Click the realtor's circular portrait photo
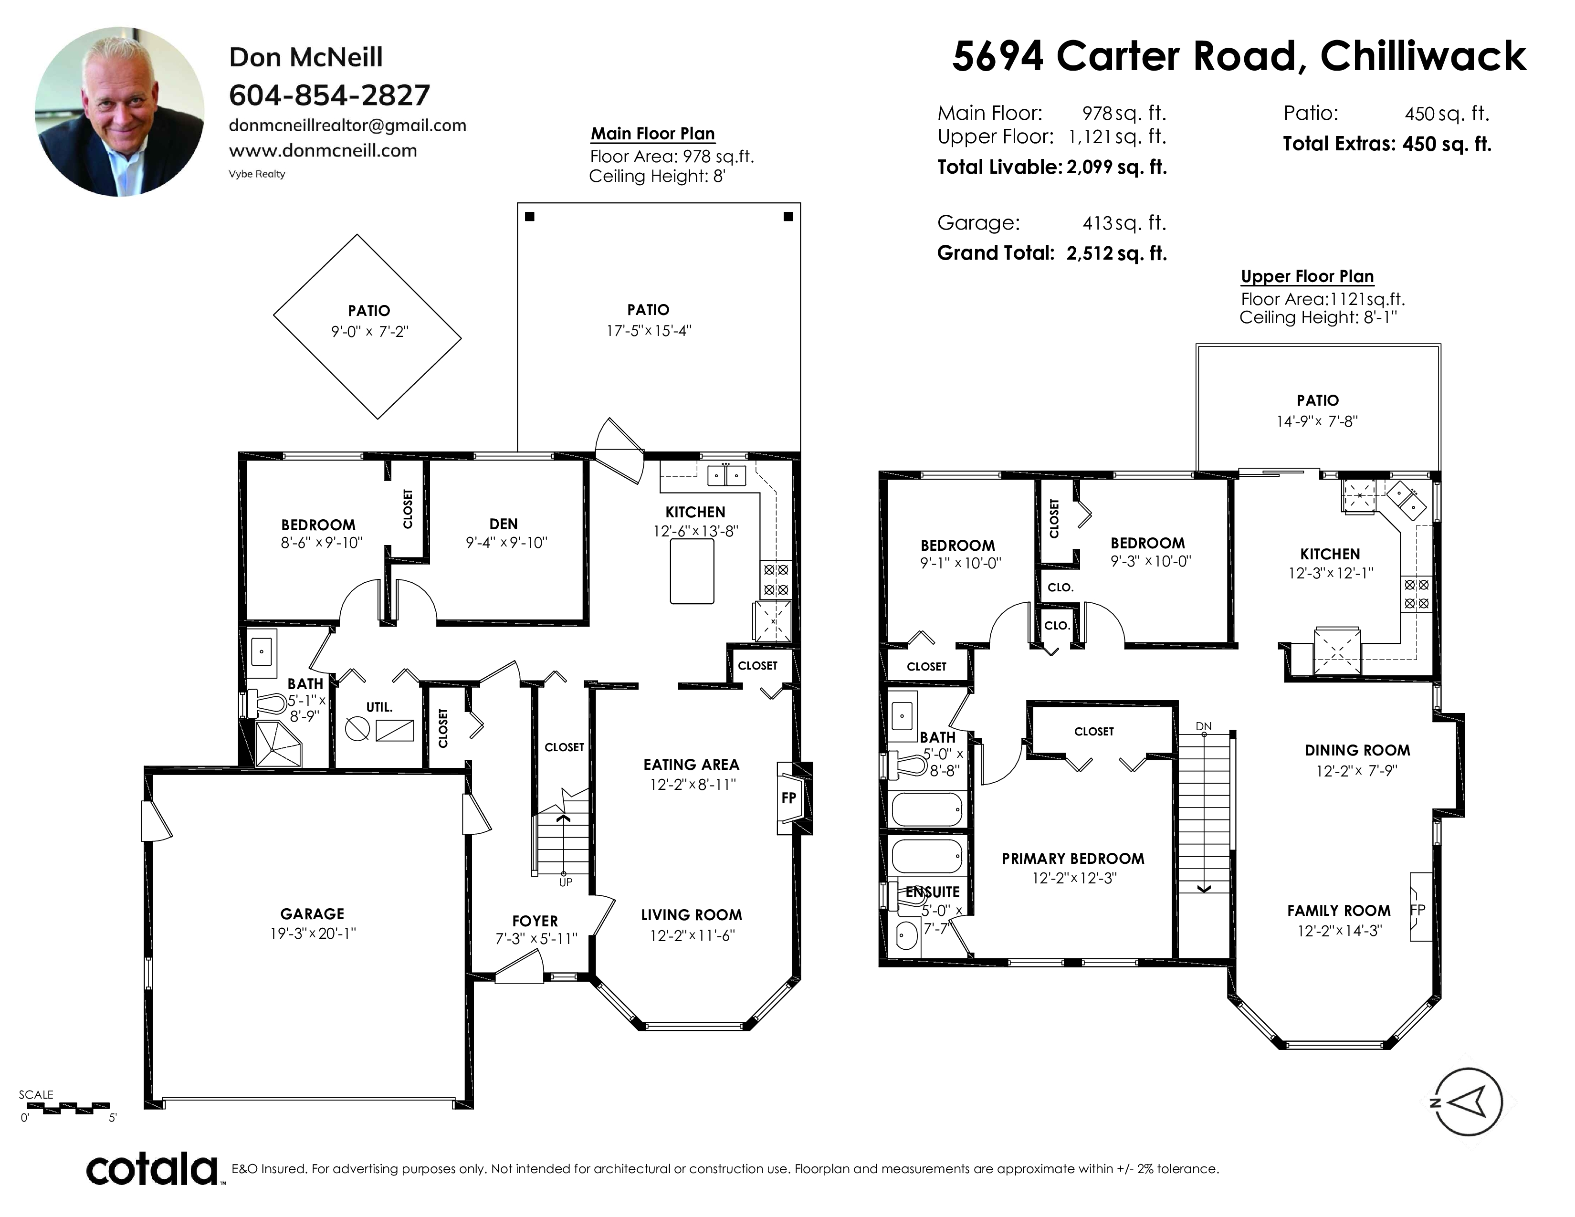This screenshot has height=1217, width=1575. tap(120, 112)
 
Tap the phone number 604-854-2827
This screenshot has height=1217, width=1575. tap(330, 95)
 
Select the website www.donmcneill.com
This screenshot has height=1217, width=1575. tap(323, 151)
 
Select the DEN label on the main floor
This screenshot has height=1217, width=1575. tap(504, 524)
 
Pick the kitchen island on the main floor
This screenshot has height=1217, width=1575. tap(693, 571)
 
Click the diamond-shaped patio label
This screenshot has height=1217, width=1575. tap(369, 311)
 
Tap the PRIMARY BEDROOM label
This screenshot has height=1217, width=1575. tap(1073, 859)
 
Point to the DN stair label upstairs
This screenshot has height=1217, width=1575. tap(1204, 726)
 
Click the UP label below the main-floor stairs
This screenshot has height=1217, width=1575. tap(566, 882)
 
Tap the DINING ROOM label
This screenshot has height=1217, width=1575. tap(1357, 751)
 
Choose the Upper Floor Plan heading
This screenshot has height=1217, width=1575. tap(1307, 277)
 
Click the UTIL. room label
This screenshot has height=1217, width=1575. tap(379, 707)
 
